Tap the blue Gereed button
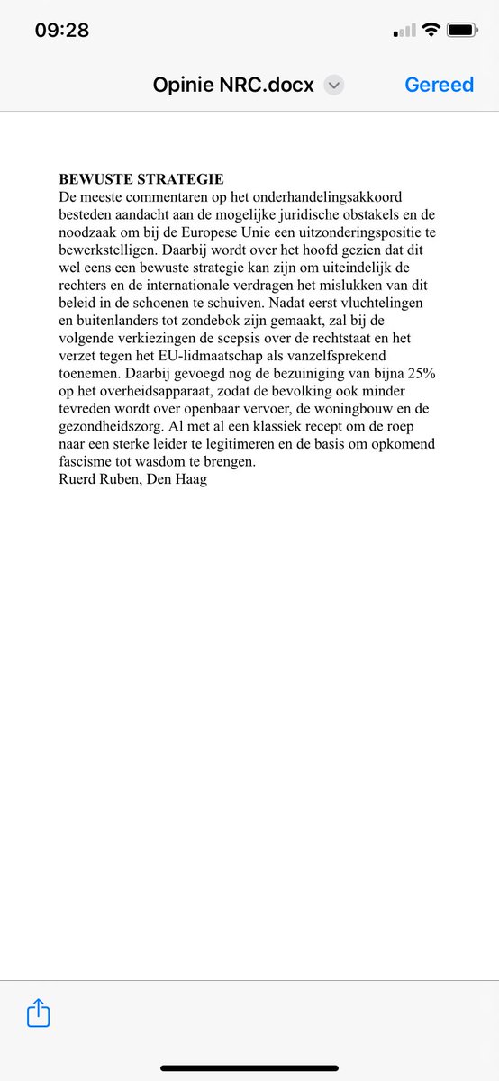[x=439, y=85]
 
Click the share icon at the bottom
[x=38, y=1013]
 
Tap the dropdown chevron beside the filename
[x=334, y=86]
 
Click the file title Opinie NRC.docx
[x=233, y=85]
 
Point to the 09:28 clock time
[x=62, y=30]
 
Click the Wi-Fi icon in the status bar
[x=431, y=31]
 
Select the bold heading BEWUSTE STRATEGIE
[x=141, y=179]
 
